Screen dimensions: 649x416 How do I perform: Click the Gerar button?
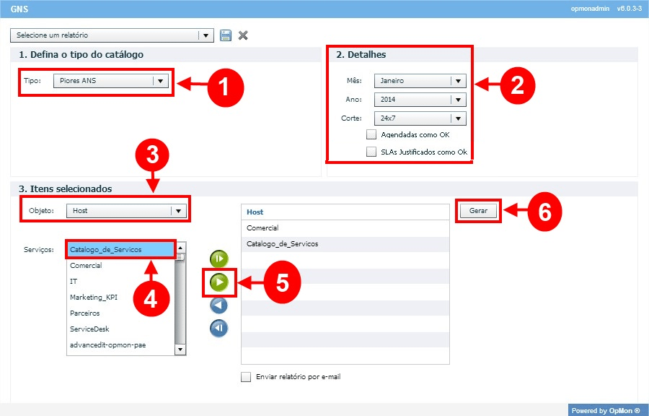click(x=478, y=210)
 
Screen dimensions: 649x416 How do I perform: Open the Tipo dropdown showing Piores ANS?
click(x=111, y=81)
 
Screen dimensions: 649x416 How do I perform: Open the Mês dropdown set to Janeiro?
click(x=420, y=81)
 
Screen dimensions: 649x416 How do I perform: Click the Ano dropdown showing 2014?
click(x=420, y=100)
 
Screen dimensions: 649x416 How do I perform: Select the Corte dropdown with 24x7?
click(x=420, y=118)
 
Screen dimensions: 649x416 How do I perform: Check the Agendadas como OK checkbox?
click(x=371, y=134)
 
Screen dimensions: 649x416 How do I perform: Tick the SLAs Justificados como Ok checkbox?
click(x=371, y=152)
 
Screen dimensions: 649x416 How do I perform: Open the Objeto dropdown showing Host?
click(x=127, y=210)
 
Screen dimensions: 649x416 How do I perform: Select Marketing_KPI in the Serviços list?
click(x=94, y=297)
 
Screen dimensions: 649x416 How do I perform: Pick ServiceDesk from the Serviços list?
click(x=89, y=329)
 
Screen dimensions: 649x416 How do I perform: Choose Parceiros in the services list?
click(x=85, y=313)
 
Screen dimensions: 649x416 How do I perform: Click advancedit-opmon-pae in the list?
click(x=107, y=344)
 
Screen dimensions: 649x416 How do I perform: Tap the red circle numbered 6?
click(x=544, y=212)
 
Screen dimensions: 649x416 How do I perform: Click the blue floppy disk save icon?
click(x=226, y=35)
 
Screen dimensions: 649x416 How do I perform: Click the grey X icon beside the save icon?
click(x=243, y=35)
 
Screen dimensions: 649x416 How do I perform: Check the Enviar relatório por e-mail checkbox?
click(x=246, y=377)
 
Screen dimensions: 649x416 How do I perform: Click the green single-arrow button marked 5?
click(x=219, y=282)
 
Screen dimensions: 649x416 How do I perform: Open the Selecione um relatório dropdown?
click(x=112, y=35)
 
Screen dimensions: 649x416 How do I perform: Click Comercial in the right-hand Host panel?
click(x=262, y=228)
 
